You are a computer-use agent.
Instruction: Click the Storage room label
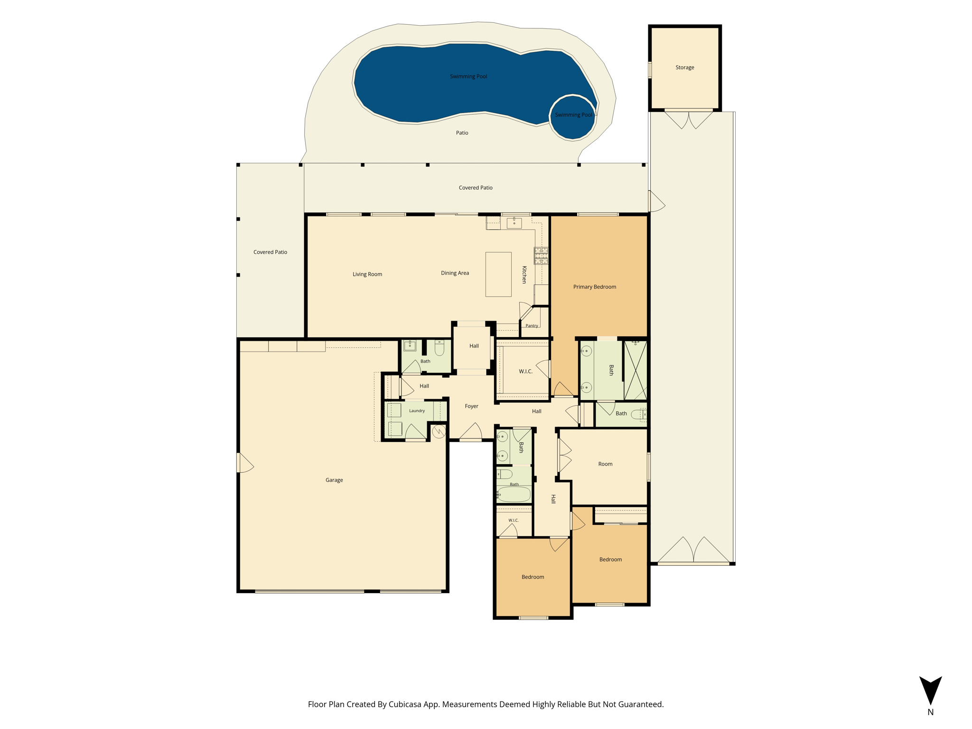684,67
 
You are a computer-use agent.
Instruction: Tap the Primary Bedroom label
594,287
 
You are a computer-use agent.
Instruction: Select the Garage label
334,480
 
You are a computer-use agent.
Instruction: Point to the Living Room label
367,274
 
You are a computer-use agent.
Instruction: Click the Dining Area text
455,273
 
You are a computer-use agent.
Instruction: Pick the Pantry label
532,326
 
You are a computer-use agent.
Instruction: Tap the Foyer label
471,406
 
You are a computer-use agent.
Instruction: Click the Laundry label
417,411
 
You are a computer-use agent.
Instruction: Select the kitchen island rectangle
498,274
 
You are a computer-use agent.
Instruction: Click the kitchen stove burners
541,255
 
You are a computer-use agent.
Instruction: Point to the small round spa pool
573,117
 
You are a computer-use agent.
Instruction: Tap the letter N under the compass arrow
930,712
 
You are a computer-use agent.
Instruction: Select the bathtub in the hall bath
514,494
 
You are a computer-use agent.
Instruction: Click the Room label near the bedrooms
605,464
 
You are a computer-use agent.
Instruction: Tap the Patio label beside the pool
462,133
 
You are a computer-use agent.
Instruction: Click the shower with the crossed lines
635,370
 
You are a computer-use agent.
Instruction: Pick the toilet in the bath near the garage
439,348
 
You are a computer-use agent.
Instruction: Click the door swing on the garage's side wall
245,463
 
